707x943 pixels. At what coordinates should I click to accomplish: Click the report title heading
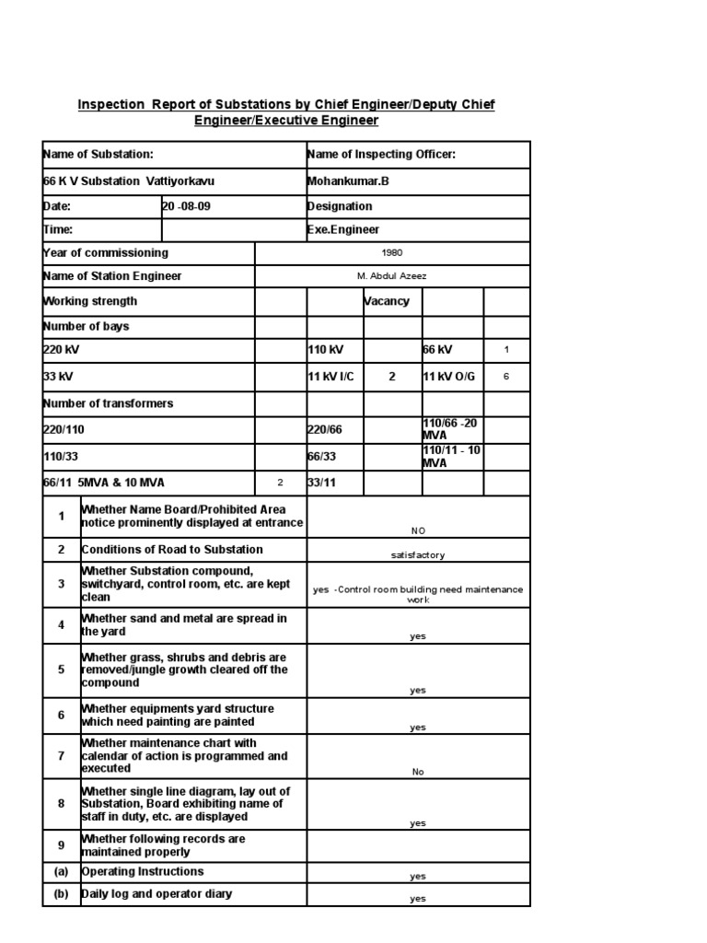click(x=286, y=112)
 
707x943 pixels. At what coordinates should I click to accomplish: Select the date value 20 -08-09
click(x=187, y=206)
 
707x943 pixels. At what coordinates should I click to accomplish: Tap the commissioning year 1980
click(x=391, y=253)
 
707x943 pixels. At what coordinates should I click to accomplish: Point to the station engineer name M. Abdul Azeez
click(x=391, y=276)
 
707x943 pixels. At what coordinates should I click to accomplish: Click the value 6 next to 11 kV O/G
click(x=506, y=377)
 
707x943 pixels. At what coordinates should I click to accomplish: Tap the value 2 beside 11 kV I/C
click(x=392, y=377)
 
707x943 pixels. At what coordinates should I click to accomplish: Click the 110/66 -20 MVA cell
click(x=450, y=429)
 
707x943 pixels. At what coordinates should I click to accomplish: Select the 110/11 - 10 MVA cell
click(x=451, y=457)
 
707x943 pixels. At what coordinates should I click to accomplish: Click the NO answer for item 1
click(x=418, y=530)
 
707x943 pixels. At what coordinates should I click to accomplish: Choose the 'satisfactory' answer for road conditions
click(x=418, y=555)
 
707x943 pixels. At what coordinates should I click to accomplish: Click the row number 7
click(x=62, y=756)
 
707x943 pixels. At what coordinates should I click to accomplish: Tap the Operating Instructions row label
click(x=143, y=871)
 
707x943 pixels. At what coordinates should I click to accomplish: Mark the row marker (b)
click(x=62, y=894)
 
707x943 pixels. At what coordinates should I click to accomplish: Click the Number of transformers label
click(x=108, y=403)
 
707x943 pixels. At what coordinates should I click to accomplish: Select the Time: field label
click(x=58, y=230)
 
